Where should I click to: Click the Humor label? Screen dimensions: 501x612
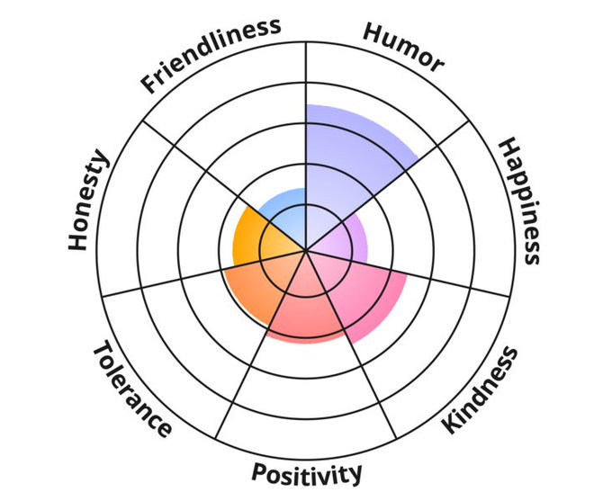402,47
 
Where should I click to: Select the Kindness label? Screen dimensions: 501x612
481,390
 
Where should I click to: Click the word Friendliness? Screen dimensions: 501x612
211,55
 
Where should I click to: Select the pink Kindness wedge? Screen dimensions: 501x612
360,292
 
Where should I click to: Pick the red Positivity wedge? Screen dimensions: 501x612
301,306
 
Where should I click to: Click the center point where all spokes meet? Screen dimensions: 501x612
306,249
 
